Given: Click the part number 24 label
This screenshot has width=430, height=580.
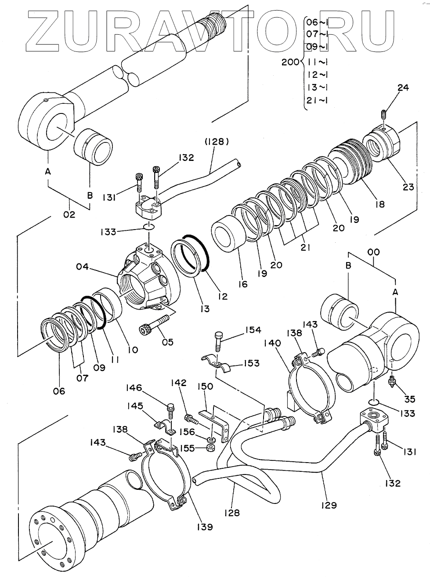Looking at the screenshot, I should point(403,88).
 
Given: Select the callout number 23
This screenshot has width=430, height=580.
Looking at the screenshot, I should point(408,187).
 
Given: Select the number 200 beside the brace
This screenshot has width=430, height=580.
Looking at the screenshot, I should point(290,62).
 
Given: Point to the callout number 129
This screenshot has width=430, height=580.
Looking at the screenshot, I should point(329,505).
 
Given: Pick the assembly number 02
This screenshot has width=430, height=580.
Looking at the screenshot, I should point(69,215).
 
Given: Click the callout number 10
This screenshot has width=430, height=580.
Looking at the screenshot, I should point(132,350).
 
